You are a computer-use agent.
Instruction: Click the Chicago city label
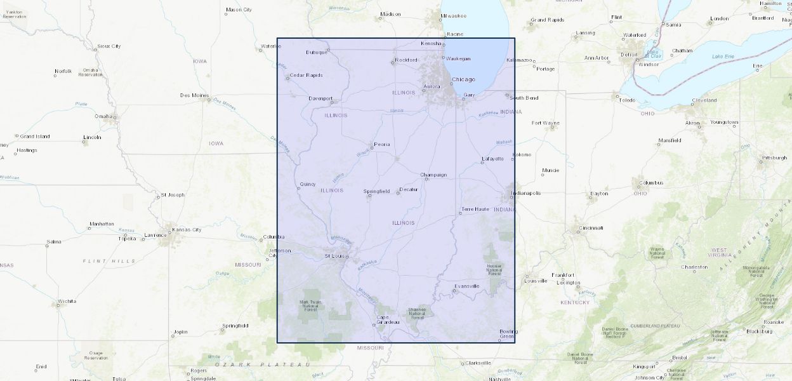463,79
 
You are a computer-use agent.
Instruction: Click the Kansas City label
187,229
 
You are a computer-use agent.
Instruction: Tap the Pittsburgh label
774,157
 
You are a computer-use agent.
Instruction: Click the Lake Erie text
723,56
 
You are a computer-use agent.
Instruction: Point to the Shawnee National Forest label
417,312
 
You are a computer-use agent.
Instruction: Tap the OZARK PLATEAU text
262,364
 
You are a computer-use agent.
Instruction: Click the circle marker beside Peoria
373,145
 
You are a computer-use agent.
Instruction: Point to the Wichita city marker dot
58,305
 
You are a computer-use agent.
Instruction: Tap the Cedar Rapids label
307,75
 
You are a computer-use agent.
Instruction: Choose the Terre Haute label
475,209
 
